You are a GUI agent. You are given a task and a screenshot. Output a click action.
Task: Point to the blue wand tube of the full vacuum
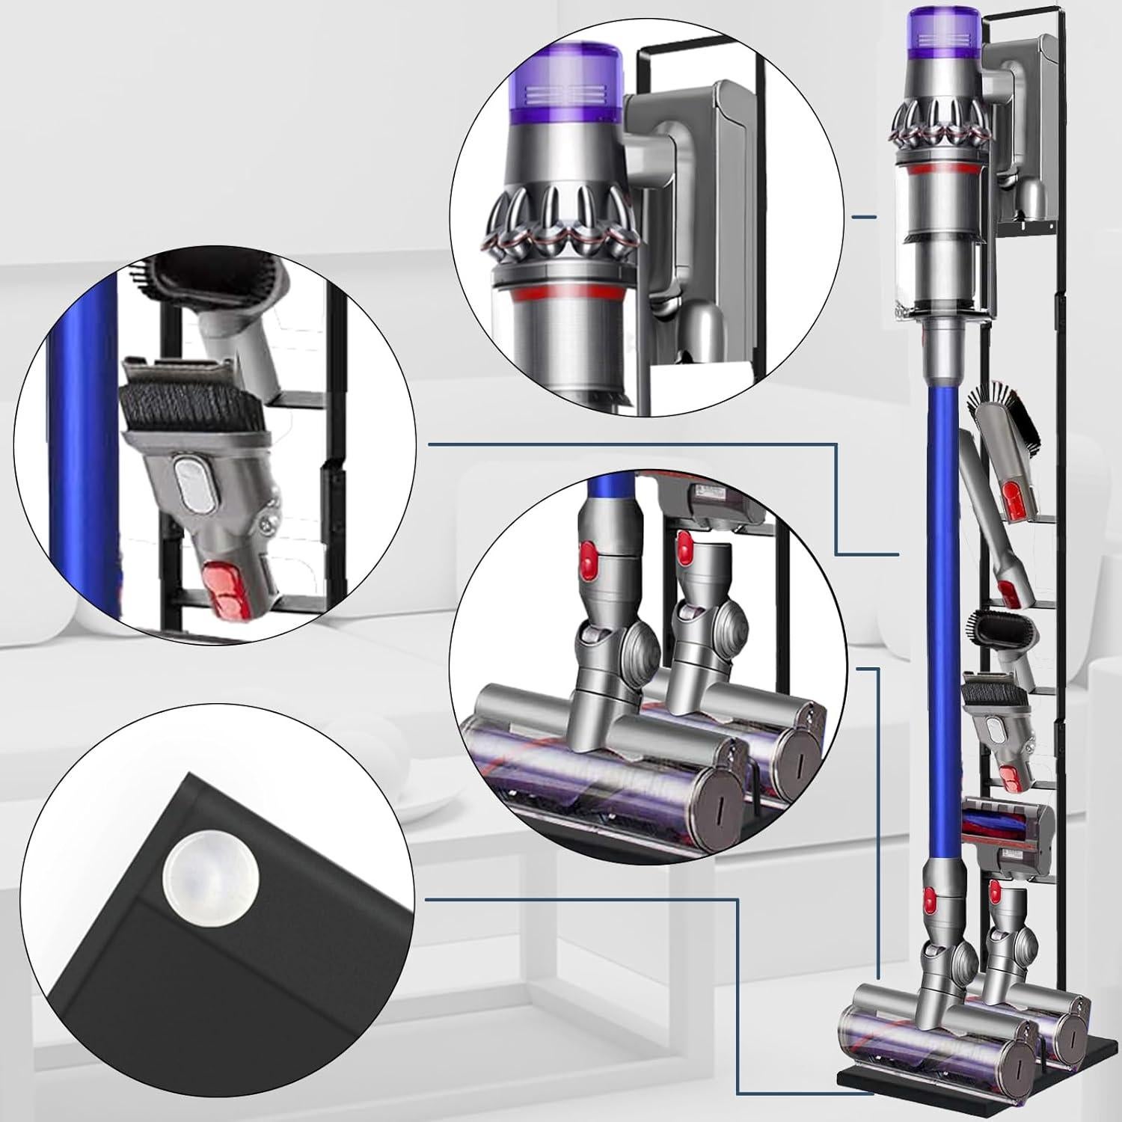coord(940,598)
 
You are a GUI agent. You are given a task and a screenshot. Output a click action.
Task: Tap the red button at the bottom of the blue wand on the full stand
coord(931,902)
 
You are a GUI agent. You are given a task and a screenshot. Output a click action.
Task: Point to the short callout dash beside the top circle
coord(865,218)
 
